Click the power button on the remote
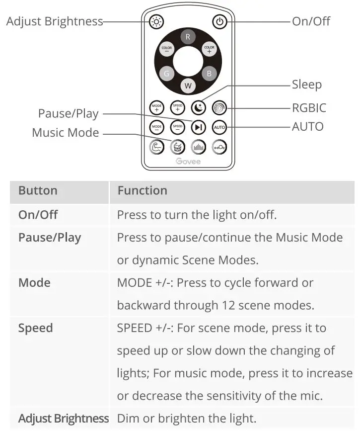click(219, 21)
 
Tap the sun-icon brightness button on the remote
click(156, 21)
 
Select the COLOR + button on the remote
click(209, 49)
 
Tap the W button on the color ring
click(188, 86)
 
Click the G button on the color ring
click(166, 74)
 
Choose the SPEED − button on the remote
click(177, 127)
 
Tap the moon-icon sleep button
click(199, 107)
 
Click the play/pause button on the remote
click(199, 127)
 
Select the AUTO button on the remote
click(219, 127)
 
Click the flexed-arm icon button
click(156, 147)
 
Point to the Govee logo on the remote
click(188, 161)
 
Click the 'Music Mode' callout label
click(65, 133)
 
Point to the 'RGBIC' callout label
click(309, 108)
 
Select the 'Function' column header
click(142, 190)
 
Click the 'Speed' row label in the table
click(35, 328)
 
